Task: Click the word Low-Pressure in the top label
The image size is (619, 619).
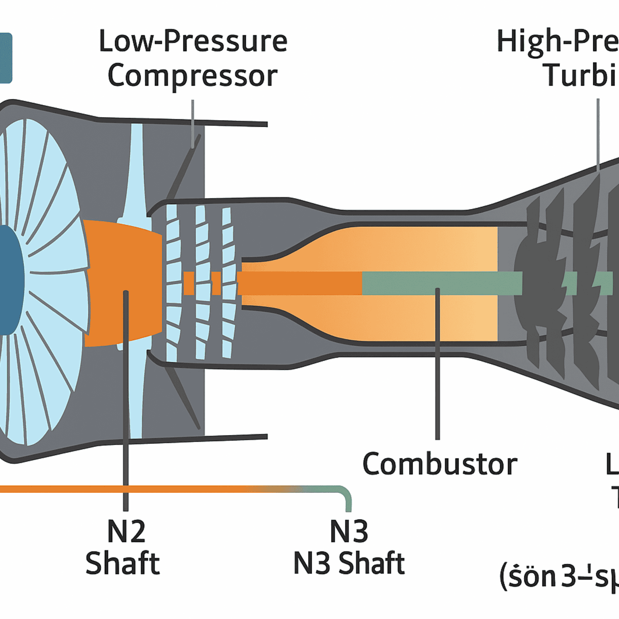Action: coord(193,42)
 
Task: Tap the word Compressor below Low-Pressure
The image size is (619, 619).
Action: coord(193,76)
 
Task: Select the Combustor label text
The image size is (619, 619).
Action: coord(440,464)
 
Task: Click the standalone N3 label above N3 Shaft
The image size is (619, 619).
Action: coord(349,532)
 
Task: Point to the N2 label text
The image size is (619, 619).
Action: coord(126,532)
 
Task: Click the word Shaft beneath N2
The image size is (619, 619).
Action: coord(123,563)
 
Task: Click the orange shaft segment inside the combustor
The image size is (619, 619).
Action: coord(300,283)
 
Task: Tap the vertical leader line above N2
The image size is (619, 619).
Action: coord(126,403)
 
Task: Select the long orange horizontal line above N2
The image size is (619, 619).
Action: coord(121,489)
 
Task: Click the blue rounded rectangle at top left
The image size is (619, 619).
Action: coord(6,58)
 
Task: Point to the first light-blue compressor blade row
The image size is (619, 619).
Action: coord(172,282)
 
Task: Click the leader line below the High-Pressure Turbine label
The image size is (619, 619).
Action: coord(598,133)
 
